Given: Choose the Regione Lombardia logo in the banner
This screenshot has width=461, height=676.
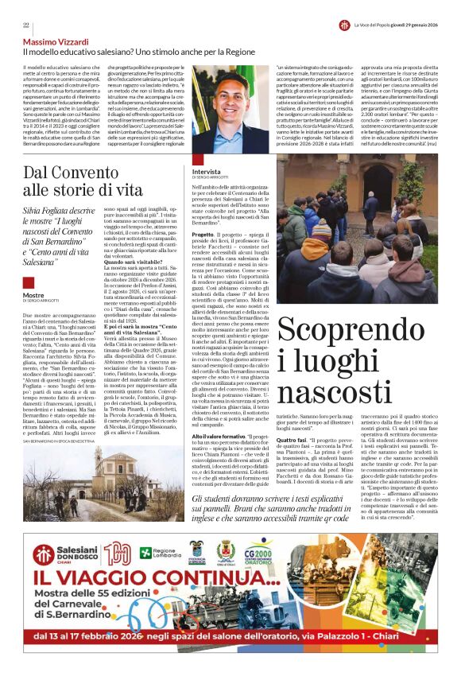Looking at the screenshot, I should tap(157, 552).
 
